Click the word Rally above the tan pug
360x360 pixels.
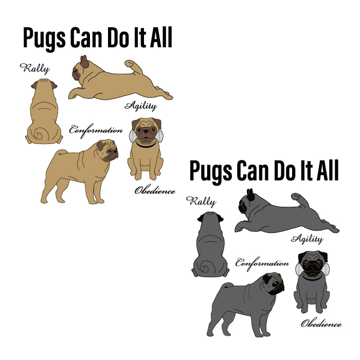(x=34, y=68)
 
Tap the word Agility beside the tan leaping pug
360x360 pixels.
(x=140, y=106)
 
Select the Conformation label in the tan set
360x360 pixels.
(x=96, y=130)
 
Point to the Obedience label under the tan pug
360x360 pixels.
(x=154, y=190)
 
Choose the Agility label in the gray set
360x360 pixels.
(x=307, y=239)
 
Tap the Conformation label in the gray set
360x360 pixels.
(x=262, y=263)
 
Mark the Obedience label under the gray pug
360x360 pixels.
(x=321, y=323)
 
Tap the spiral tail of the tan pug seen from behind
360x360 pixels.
(x=37, y=135)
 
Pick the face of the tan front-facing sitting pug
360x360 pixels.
(x=146, y=131)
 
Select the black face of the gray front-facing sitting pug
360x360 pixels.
(x=312, y=264)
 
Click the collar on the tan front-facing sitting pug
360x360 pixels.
(x=146, y=145)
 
